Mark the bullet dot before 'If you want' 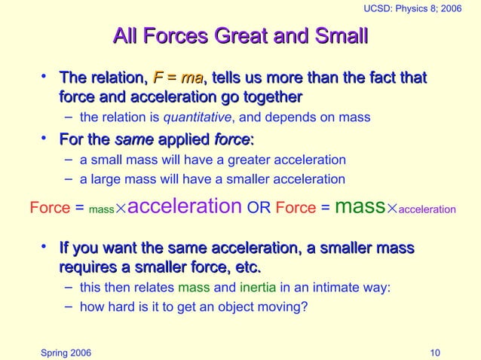tap(46, 247)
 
